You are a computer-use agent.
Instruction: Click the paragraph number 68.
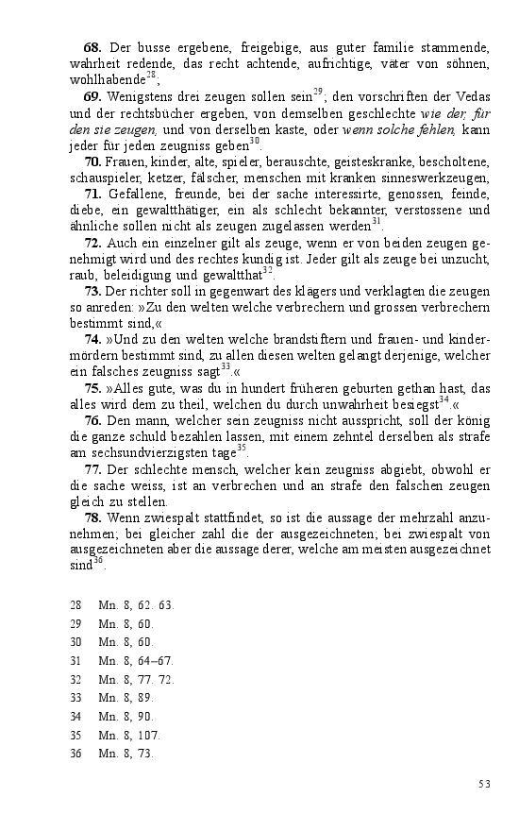(92, 46)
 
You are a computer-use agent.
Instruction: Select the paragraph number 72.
(92, 243)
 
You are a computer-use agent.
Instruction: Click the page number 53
(485, 784)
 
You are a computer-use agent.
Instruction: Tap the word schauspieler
(108, 178)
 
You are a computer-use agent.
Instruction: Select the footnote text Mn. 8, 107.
(129, 735)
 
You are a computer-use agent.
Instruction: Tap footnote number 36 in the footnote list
(75, 754)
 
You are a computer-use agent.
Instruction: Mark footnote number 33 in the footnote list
(75, 698)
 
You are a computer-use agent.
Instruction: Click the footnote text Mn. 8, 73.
(126, 754)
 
